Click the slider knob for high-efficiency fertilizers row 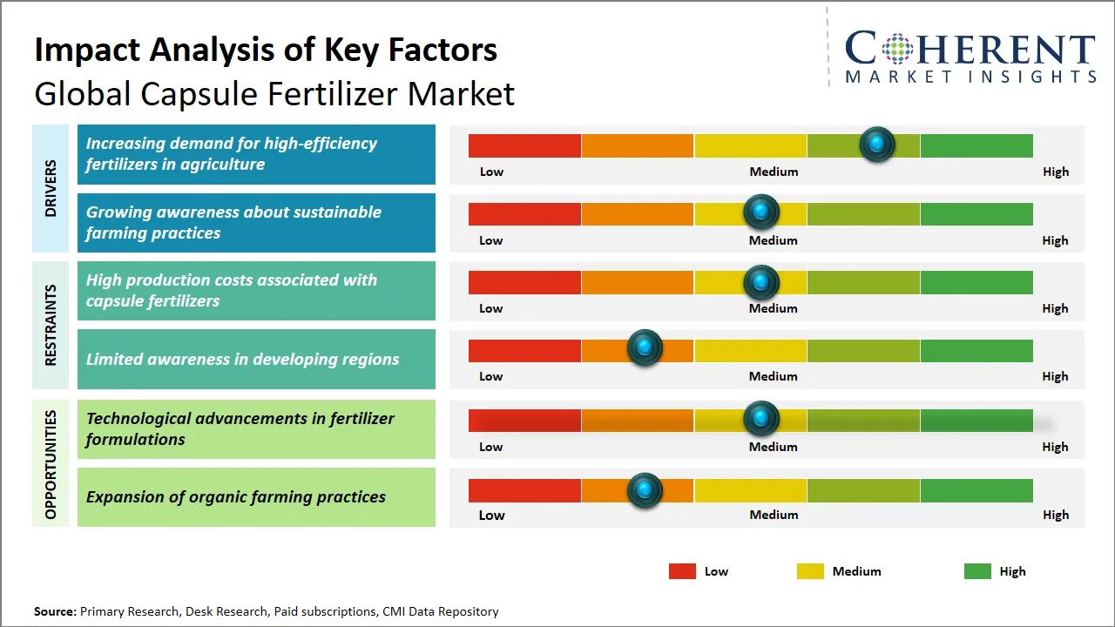coord(877,144)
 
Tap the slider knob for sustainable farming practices coord(761,212)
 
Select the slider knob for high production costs coord(761,282)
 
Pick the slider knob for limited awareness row coord(645,348)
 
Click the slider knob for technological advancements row coord(761,419)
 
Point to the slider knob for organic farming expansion coord(645,490)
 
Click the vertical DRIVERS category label coord(51,188)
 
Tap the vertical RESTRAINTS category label coord(51,325)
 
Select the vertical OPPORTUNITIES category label coord(51,464)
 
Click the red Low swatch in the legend coord(682,571)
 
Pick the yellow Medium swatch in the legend coord(810,571)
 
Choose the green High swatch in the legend coord(977,571)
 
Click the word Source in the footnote coord(54,612)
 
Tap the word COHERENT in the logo coord(970,49)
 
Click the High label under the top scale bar coord(1056,172)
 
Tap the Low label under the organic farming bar coord(491,515)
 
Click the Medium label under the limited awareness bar coord(774,376)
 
